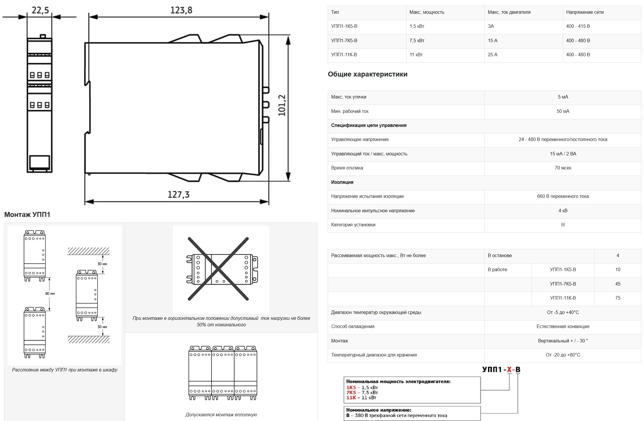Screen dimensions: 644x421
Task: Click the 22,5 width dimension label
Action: click(40, 10)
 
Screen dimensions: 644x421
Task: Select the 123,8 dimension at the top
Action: click(181, 10)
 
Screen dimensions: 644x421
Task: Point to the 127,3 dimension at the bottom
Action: click(178, 194)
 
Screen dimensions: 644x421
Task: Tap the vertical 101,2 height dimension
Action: click(282, 105)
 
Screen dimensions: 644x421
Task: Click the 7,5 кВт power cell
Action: click(417, 40)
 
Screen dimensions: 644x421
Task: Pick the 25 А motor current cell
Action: click(493, 55)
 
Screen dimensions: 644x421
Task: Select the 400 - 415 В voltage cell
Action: click(578, 26)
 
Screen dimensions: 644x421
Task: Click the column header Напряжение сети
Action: click(585, 12)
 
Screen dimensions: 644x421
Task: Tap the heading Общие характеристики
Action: click(368, 74)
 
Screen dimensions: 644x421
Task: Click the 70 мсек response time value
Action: click(563, 168)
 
